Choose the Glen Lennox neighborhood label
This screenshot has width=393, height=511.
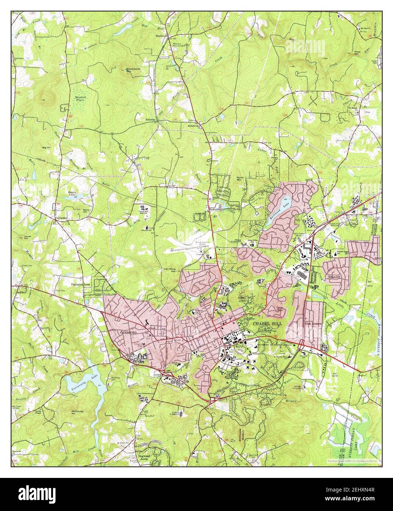point(313,324)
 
